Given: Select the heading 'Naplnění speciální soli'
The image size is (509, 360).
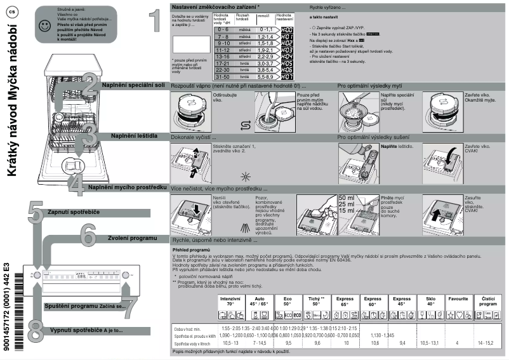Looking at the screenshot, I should (x=135, y=84).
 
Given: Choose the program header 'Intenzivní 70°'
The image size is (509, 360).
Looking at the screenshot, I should (x=230, y=300).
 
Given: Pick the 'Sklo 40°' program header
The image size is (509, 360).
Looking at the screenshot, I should (x=430, y=300).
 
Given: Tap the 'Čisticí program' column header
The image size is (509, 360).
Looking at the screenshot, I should (x=489, y=300).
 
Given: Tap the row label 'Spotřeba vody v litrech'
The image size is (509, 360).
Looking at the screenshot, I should (x=192, y=343).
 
